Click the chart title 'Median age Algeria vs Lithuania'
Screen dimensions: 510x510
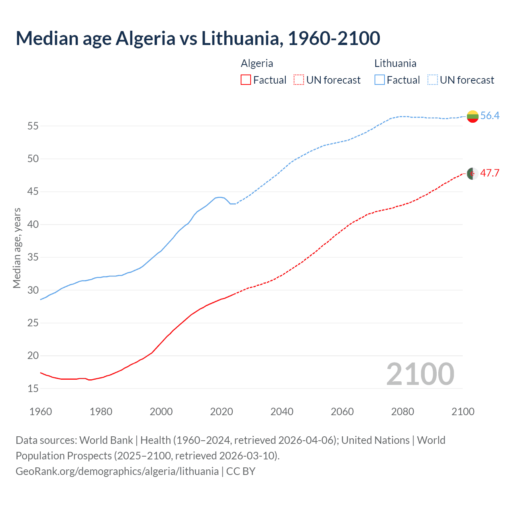(x=198, y=38)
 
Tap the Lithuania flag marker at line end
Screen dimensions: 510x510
(x=473, y=116)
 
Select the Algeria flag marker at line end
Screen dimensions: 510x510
(x=473, y=174)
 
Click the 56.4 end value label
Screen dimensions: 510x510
(x=490, y=116)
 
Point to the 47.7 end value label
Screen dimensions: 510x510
(x=490, y=173)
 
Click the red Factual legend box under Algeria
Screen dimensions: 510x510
(x=246, y=80)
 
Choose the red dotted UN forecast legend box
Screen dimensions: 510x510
(x=299, y=80)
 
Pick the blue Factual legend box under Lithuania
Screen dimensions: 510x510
(x=379, y=80)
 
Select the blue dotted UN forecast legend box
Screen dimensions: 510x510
(x=432, y=80)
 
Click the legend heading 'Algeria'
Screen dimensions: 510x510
(x=257, y=63)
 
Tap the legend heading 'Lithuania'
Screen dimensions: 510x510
(x=395, y=63)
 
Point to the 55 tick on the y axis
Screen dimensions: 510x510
(x=33, y=126)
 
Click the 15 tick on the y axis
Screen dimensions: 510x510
(x=33, y=388)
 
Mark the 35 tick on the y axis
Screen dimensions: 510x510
(x=33, y=257)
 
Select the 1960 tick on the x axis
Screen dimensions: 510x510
(x=41, y=412)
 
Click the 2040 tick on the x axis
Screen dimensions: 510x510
(x=282, y=412)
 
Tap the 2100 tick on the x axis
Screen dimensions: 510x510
(x=463, y=412)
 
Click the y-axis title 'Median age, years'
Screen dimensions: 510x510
(x=17, y=248)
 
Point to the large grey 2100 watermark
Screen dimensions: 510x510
(x=420, y=374)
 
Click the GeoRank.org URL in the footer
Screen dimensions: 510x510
(x=117, y=471)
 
